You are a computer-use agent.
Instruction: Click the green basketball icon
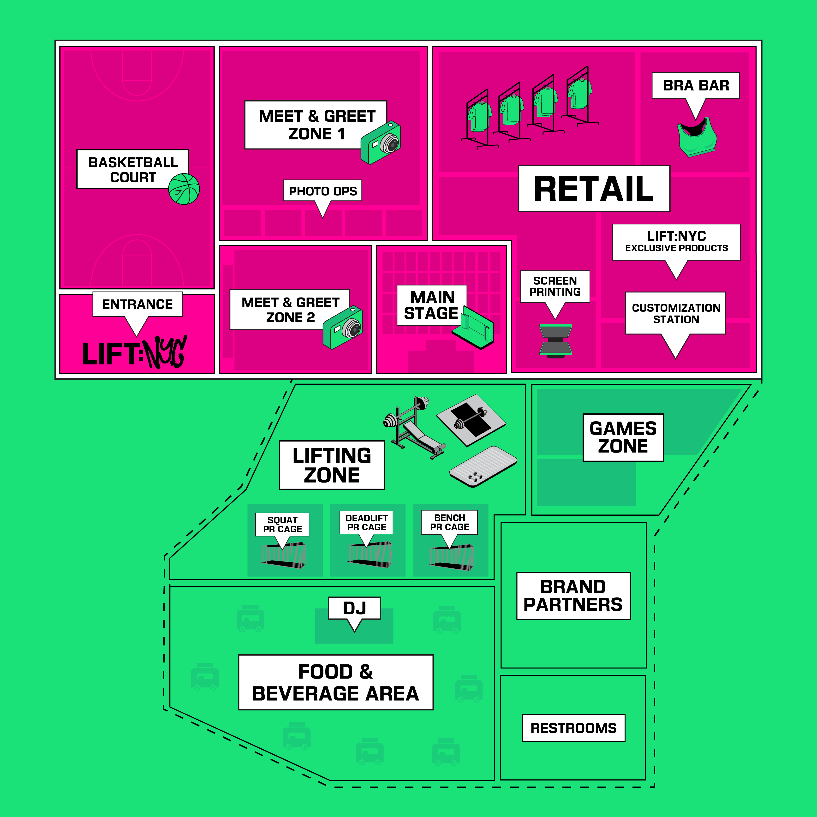(x=184, y=189)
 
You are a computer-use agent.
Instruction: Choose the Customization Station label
(x=675, y=313)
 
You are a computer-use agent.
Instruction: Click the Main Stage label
(x=431, y=305)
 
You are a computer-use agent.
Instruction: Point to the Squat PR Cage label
(x=282, y=524)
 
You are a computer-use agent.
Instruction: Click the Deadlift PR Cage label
(x=367, y=523)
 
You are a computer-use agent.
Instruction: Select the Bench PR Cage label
(x=449, y=522)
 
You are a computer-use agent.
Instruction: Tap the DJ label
(x=354, y=608)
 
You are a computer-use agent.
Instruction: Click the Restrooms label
(x=573, y=728)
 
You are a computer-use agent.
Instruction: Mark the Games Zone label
(x=623, y=437)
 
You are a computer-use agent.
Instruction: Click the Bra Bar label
(x=696, y=85)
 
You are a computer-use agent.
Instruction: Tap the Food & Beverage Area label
(x=336, y=682)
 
